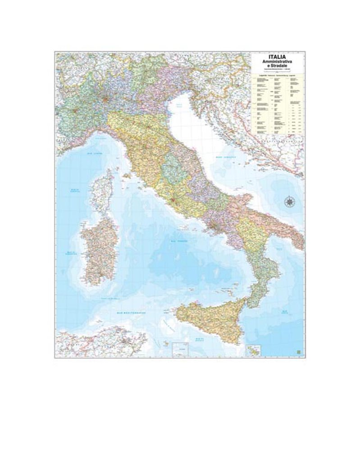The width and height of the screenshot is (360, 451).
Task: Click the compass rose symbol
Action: (x=288, y=202)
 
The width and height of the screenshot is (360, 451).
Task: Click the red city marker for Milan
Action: (x=106, y=98)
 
